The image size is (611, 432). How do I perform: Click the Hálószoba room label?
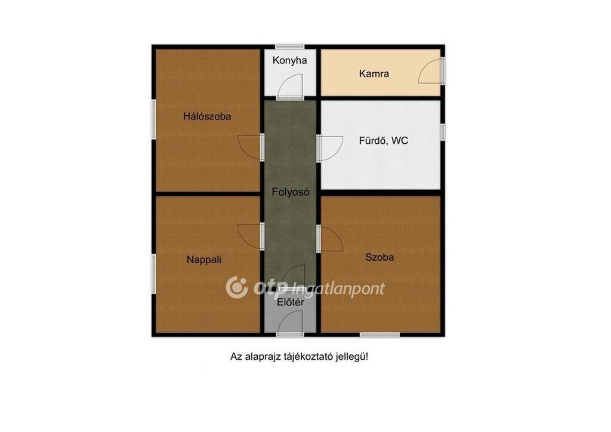pyautogui.click(x=207, y=116)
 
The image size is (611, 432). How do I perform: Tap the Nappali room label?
pyautogui.click(x=204, y=260)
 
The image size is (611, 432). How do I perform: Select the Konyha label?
pyautogui.click(x=289, y=60)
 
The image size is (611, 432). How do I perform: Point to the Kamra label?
pyautogui.click(x=374, y=73)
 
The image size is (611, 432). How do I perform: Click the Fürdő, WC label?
pyautogui.click(x=384, y=141)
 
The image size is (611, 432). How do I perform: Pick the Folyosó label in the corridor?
pyautogui.click(x=291, y=192)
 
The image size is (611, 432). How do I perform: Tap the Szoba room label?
pyautogui.click(x=379, y=257)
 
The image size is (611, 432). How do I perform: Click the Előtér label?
pyautogui.click(x=291, y=303)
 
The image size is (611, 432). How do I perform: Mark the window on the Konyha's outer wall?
pyautogui.click(x=290, y=47)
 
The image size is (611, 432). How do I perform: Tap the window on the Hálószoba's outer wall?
pyautogui.click(x=154, y=119)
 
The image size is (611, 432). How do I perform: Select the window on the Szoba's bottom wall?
pyautogui.click(x=379, y=335)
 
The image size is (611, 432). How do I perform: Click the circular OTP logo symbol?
pyautogui.click(x=237, y=288)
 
